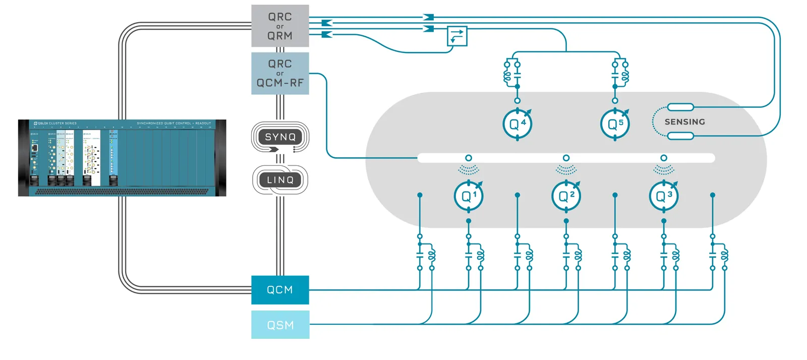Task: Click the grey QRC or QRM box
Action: point(280,26)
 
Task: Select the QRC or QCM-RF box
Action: point(280,73)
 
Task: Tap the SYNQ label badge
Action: point(280,137)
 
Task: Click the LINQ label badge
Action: point(280,180)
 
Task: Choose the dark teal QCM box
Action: point(280,290)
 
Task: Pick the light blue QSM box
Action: point(280,325)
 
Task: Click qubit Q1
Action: point(469,196)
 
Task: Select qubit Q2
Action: point(566,196)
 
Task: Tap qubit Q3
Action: point(663,196)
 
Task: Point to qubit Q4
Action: point(517,124)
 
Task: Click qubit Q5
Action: point(615,124)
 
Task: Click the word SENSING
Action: point(684,122)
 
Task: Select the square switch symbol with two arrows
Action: point(457,36)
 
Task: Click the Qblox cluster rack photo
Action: point(122,158)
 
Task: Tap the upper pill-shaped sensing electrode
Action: point(680,107)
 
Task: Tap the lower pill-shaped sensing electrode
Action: point(680,135)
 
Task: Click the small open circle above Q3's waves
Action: point(664,158)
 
